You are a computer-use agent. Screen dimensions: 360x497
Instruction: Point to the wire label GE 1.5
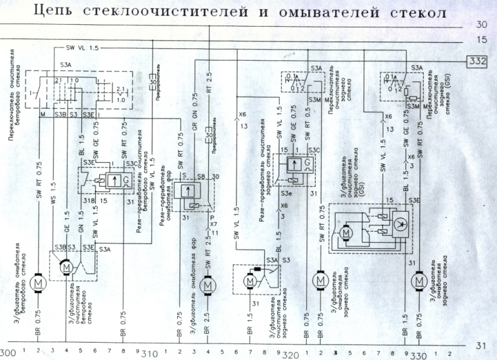pyautogui.click(x=67, y=225)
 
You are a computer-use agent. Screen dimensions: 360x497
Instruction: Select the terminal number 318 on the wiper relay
pyautogui.click(x=88, y=200)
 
